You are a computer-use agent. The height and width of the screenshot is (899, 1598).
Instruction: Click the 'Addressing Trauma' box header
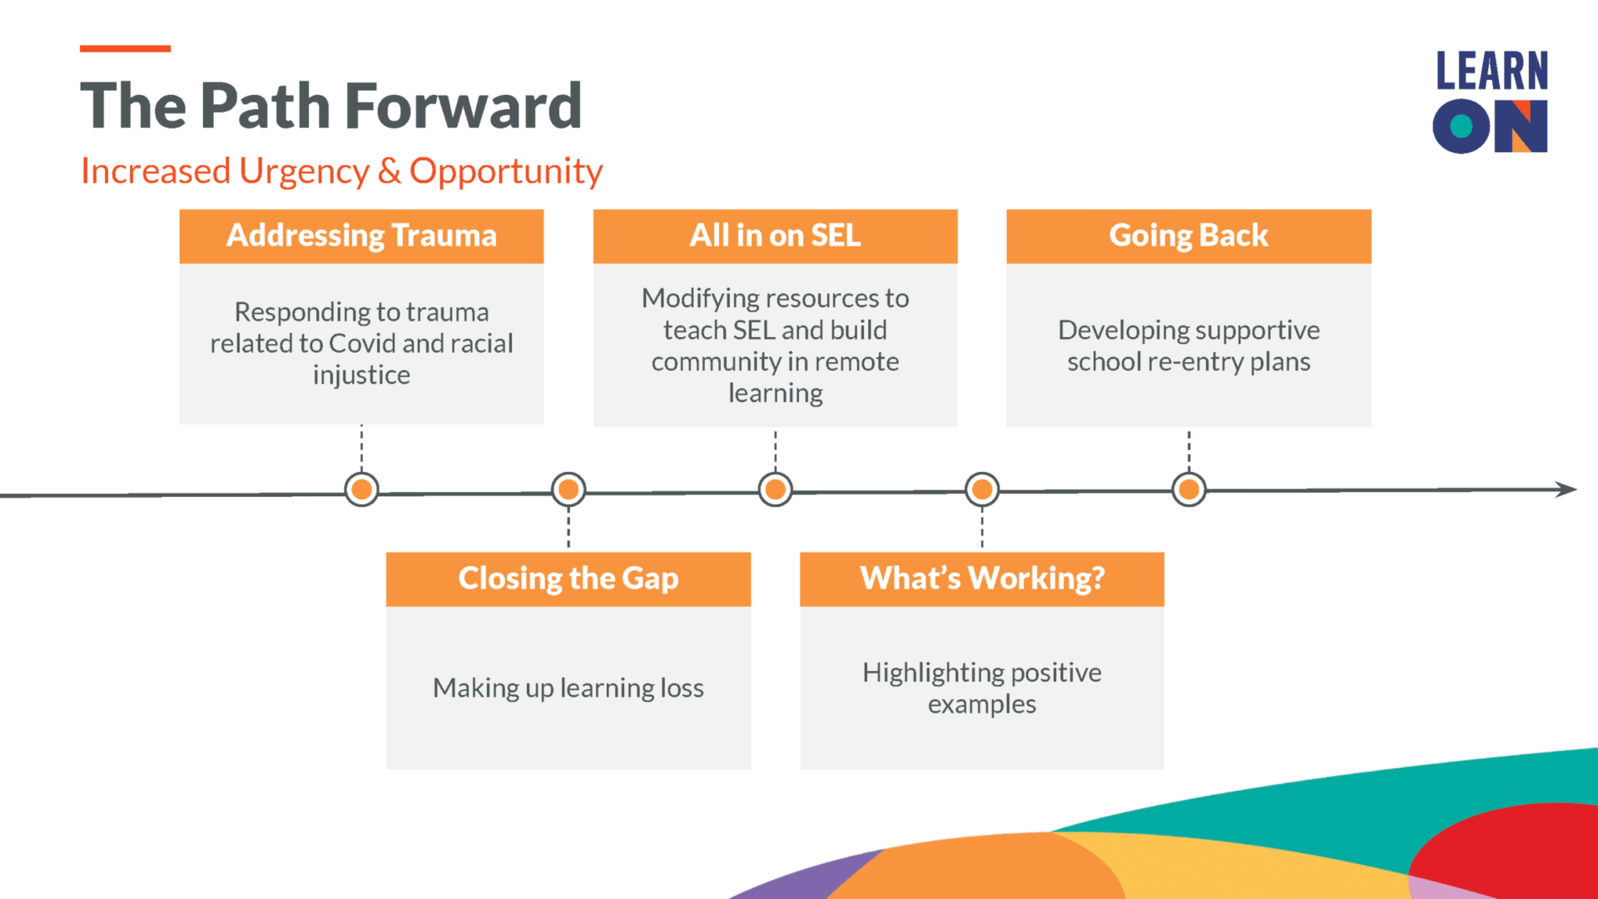click(361, 236)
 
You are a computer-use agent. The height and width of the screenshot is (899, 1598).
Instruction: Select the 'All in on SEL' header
click(775, 236)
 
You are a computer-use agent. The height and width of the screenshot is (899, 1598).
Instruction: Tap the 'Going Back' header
click(1189, 236)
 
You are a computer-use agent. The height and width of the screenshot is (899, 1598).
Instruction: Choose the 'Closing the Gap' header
click(568, 579)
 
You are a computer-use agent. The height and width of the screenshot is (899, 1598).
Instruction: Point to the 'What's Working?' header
click(982, 579)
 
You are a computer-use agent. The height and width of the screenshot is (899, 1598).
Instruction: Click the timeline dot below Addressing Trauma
click(361, 489)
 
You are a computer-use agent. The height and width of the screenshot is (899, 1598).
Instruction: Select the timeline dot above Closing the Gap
click(568, 489)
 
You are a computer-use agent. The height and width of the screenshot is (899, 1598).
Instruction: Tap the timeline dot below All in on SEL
click(775, 489)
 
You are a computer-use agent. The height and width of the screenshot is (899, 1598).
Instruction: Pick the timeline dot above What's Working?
click(982, 489)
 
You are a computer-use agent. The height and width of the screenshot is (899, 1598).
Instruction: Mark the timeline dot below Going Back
click(1189, 489)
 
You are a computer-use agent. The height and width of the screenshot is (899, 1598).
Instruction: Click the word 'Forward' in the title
click(463, 107)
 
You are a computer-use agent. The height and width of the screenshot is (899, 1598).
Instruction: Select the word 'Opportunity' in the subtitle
click(506, 172)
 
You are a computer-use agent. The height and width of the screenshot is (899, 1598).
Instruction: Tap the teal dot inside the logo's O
click(1462, 127)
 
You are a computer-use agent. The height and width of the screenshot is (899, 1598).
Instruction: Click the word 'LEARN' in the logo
click(1491, 71)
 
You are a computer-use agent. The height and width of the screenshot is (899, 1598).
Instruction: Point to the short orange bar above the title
click(125, 49)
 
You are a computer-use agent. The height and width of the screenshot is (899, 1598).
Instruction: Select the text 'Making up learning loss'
click(568, 688)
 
